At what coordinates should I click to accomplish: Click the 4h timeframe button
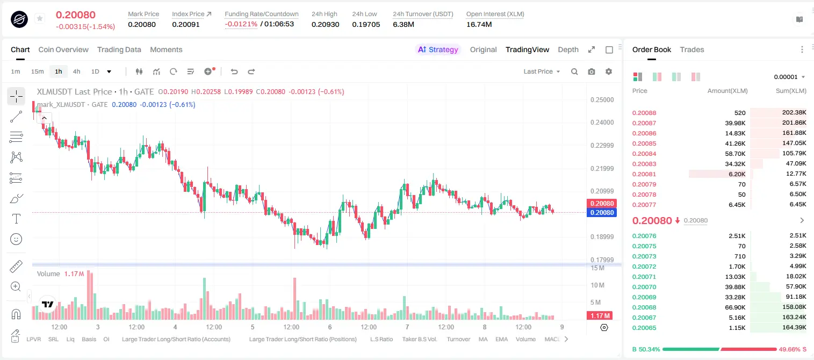(x=76, y=71)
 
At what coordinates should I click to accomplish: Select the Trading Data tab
(x=119, y=49)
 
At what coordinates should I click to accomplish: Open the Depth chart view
(x=568, y=49)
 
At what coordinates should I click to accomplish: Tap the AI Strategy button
(x=438, y=49)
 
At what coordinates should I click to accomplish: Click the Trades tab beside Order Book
(x=692, y=49)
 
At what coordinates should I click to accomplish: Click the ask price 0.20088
(x=644, y=113)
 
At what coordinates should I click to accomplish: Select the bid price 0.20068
(x=644, y=307)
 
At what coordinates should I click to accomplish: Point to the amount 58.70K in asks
(x=735, y=154)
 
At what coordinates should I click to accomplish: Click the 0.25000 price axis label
(x=602, y=100)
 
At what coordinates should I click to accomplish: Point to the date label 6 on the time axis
(x=330, y=327)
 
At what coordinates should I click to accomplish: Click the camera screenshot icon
(x=592, y=71)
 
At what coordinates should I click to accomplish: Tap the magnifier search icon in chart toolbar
(x=574, y=71)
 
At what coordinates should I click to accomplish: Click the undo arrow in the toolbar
(x=234, y=71)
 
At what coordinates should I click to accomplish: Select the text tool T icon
(x=16, y=219)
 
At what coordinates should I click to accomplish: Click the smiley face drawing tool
(x=16, y=239)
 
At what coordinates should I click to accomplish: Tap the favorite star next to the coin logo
(x=40, y=18)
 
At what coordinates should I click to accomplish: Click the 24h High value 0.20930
(x=325, y=24)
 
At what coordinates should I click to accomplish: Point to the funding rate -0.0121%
(x=241, y=24)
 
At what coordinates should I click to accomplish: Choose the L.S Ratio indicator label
(x=381, y=339)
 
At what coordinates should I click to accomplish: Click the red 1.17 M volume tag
(x=600, y=316)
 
